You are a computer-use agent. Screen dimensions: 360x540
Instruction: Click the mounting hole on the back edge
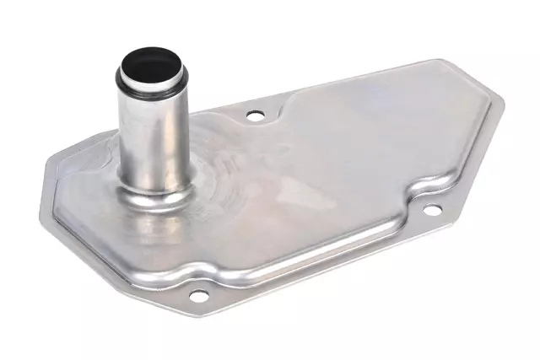tap(254, 116)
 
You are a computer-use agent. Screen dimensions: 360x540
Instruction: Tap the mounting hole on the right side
tap(431, 210)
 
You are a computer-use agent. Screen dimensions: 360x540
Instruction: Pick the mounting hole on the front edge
tap(198, 296)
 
